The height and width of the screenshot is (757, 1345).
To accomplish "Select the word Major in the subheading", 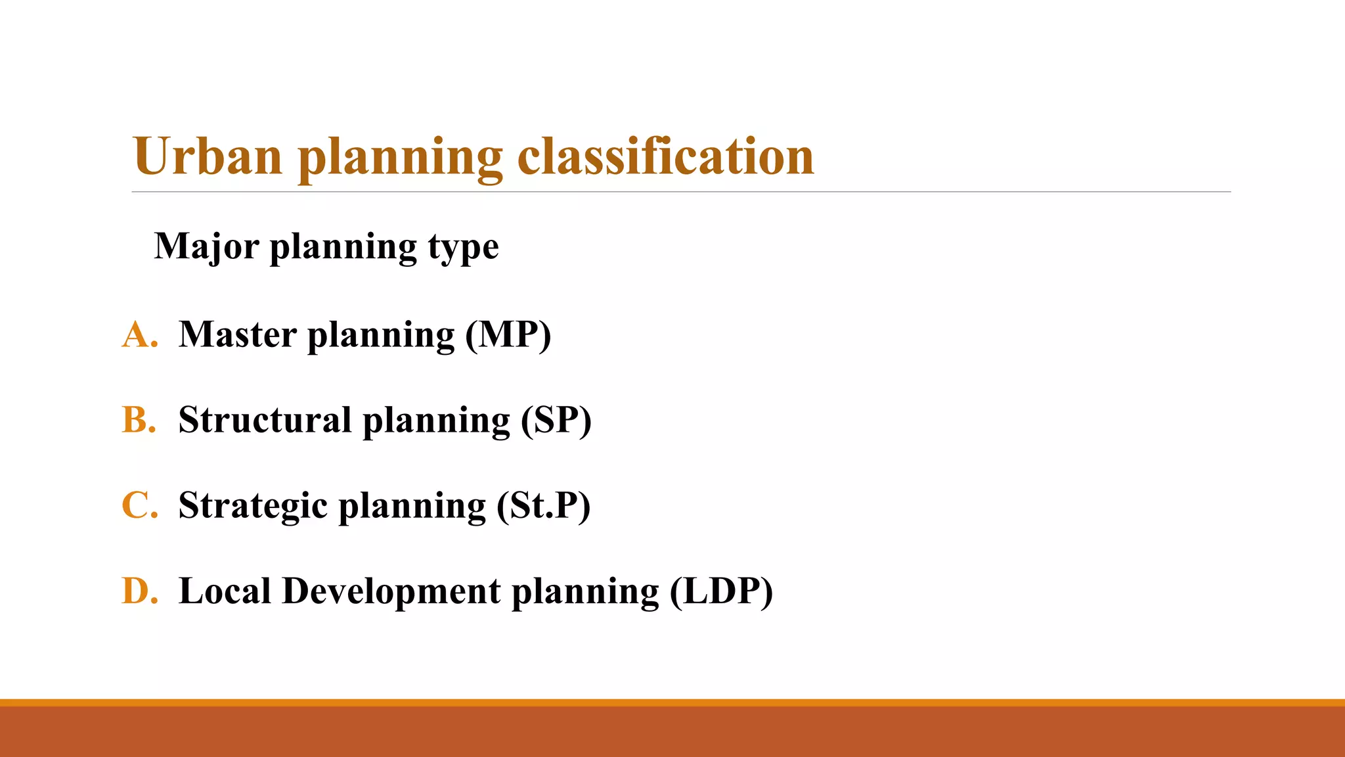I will pos(206,247).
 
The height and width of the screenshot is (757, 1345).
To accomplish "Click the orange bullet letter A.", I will pos(139,334).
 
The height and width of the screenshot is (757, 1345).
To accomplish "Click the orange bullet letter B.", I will pos(139,420).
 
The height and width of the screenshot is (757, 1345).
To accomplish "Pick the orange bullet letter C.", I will pos(139,506).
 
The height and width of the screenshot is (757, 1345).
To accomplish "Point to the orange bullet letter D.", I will pos(139,591).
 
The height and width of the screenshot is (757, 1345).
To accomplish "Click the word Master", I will pos(237,334).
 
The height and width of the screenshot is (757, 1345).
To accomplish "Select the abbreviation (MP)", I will pos(508,335).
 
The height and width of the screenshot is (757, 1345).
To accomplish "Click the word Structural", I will pos(265,420).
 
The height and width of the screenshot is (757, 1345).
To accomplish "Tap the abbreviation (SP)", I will pos(556,421).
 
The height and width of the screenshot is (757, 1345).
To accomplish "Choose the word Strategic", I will pos(253,506).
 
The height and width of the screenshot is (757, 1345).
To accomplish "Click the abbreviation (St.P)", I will pos(543,506).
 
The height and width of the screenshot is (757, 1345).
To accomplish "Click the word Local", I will pos(225,591).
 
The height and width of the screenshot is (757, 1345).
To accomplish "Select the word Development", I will pos(391,591).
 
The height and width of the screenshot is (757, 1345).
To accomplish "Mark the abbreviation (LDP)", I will pos(721,591).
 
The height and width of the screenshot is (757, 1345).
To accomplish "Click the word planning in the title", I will pos(400,158).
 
